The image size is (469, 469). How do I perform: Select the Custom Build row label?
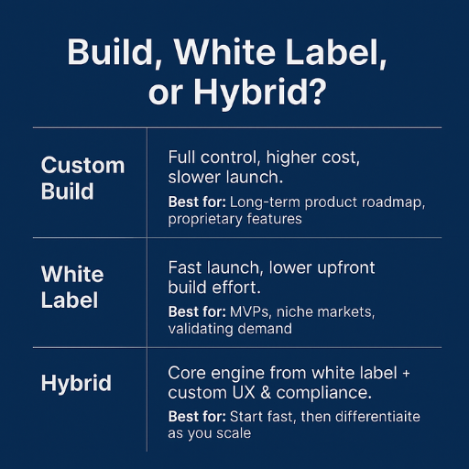tap(82, 179)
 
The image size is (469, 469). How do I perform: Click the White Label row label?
tap(72, 287)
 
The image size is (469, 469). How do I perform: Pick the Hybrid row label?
tap(77, 383)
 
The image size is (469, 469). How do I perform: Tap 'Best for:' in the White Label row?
tap(196, 312)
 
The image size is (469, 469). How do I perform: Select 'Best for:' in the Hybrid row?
tap(196, 417)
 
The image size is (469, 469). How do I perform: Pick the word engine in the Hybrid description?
tap(239, 373)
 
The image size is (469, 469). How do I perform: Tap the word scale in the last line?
tap(233, 433)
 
